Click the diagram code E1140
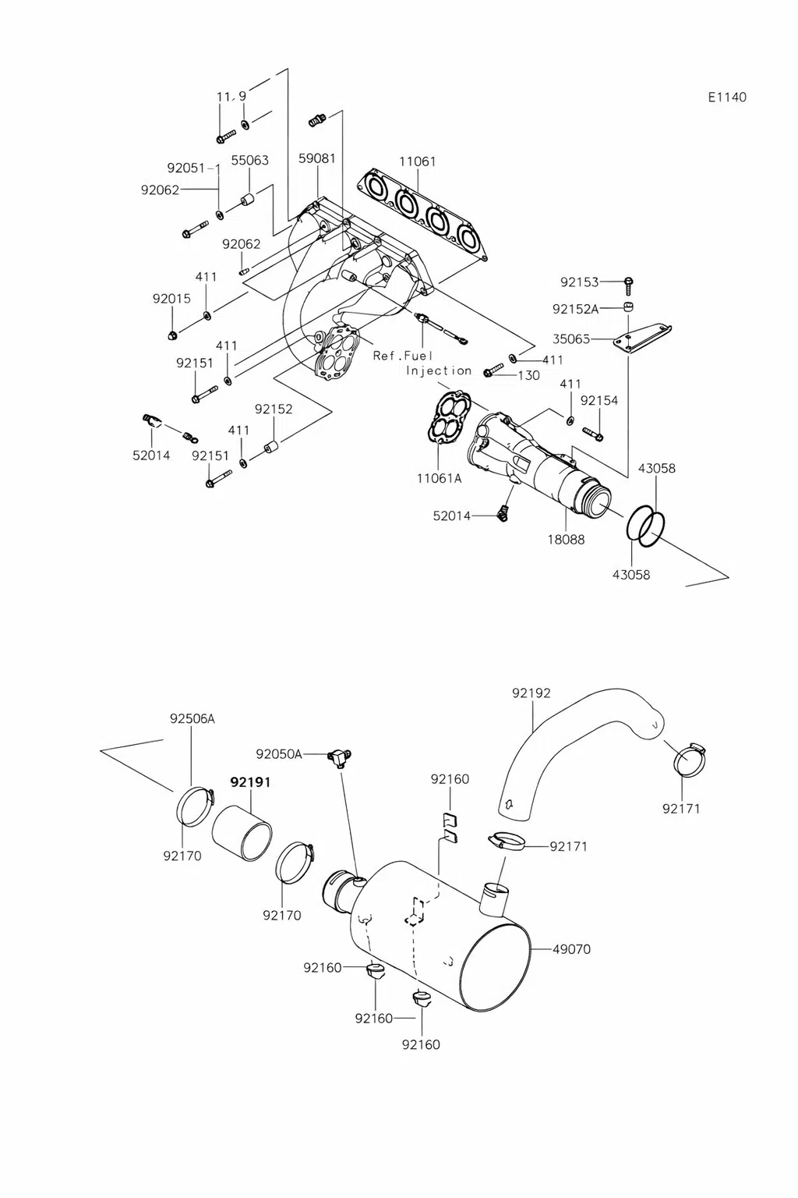point(727,97)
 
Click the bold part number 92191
point(250,782)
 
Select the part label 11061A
point(439,478)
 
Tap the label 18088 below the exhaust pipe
point(566,539)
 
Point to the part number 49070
point(571,949)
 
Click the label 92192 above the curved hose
point(531,693)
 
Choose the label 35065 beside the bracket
point(571,338)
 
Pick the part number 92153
point(579,282)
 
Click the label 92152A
point(576,309)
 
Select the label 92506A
point(192,718)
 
